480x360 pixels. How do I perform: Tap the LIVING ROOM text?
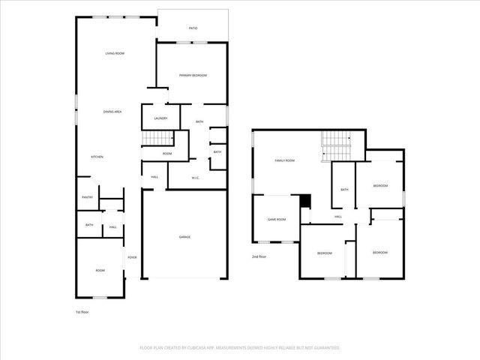[114, 53]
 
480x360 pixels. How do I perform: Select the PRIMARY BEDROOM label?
[193, 76]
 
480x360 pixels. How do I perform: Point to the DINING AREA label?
[112, 112]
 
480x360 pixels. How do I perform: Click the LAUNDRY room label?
[160, 118]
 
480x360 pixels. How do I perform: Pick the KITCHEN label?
[97, 157]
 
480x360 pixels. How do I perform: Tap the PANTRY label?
[87, 197]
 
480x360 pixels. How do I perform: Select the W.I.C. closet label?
[195, 178]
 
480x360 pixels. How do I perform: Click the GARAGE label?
[184, 237]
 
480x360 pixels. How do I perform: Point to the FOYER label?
[132, 257]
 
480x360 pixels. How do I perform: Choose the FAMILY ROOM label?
[284, 160]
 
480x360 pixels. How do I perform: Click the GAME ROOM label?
[277, 219]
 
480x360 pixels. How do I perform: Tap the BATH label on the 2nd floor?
[344, 190]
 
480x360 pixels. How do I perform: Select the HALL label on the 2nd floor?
[338, 217]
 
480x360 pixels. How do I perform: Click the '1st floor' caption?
[82, 311]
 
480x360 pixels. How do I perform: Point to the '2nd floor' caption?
[259, 256]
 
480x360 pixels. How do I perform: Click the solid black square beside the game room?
[304, 200]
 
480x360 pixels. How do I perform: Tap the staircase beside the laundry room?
[157, 139]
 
